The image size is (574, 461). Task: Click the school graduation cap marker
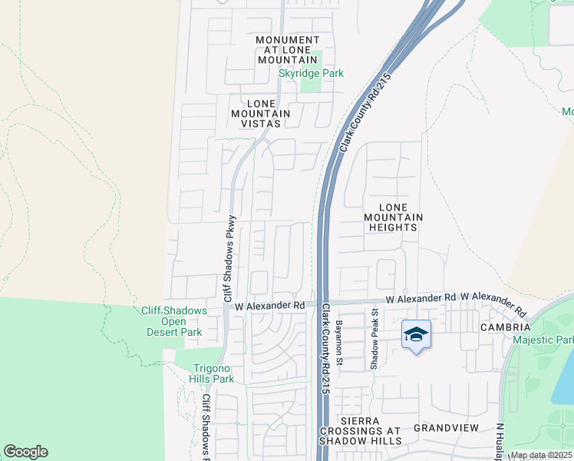pyautogui.click(x=415, y=334)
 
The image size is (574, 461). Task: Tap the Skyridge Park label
pyautogui.click(x=311, y=73)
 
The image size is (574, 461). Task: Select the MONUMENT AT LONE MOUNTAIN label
pyautogui.click(x=287, y=50)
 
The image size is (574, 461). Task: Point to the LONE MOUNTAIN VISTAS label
pyautogui.click(x=261, y=114)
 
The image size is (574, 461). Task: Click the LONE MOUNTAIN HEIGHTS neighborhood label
pyautogui.click(x=393, y=217)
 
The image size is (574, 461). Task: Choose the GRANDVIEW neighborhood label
pyautogui.click(x=446, y=428)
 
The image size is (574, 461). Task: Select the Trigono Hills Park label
pyautogui.click(x=212, y=373)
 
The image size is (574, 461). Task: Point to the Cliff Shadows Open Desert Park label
pyautogui.click(x=174, y=321)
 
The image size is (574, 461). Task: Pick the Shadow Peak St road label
pyautogui.click(x=375, y=339)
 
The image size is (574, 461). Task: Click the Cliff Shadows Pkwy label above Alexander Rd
pyautogui.click(x=229, y=258)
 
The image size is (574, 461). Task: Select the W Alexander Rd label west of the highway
pyautogui.click(x=269, y=305)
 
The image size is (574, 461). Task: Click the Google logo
pyautogui.click(x=25, y=452)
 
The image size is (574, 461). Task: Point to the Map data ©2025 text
pyautogui.click(x=540, y=455)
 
